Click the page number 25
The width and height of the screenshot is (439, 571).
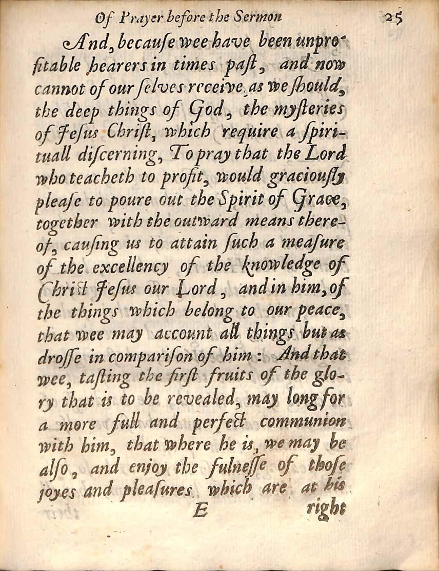[x=394, y=18]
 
